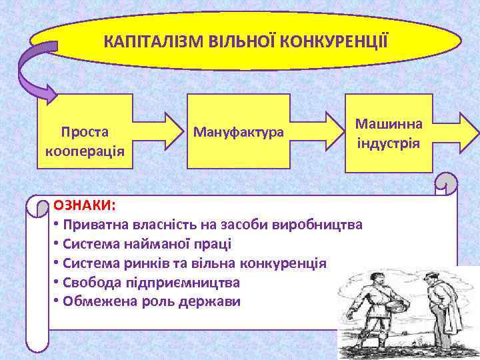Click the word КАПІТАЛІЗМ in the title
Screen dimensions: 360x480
click(x=140, y=42)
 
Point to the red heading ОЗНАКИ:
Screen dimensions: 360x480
click(x=84, y=203)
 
